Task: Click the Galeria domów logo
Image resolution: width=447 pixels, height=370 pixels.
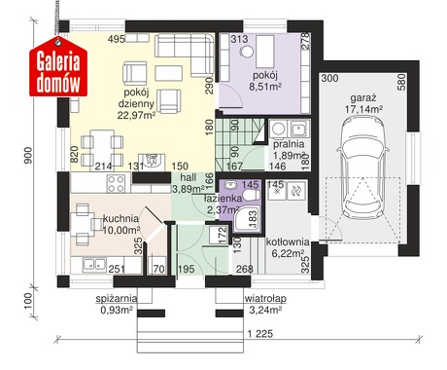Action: pos(58,66)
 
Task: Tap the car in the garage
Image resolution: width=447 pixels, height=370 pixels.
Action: pos(361,167)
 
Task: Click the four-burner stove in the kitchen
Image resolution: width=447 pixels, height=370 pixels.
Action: pos(116,184)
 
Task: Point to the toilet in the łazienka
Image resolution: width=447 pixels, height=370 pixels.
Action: pos(251,195)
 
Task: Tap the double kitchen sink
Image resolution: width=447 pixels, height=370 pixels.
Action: pos(94,265)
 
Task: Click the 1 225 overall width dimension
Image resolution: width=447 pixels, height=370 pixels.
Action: pos(260,333)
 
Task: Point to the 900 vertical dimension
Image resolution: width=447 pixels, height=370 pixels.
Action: pos(28,155)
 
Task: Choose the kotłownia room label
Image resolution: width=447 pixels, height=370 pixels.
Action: pos(288,241)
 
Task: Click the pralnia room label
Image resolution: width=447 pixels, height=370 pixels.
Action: pos(289,144)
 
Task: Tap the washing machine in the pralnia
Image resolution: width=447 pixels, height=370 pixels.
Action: pos(279,129)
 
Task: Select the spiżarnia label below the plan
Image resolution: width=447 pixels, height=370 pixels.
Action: pos(117,299)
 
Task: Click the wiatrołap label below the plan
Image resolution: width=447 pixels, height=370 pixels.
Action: pos(265,298)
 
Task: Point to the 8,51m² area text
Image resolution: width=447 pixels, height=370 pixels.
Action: pos(264,87)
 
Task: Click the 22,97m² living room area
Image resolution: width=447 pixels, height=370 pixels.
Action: pos(136,115)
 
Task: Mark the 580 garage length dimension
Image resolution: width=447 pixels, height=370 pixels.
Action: pos(401,83)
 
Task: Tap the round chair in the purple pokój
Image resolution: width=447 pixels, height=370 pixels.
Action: pos(248,52)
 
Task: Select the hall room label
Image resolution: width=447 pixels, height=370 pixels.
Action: pos(189,177)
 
